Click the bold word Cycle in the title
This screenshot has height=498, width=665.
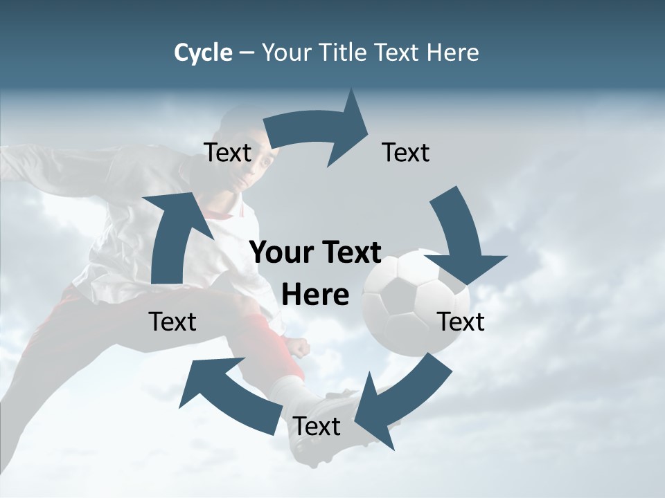[x=203, y=53]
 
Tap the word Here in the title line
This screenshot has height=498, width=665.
[x=452, y=53]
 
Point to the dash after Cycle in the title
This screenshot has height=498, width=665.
[x=247, y=53]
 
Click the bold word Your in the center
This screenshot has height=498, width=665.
[x=280, y=253]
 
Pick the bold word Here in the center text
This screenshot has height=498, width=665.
[x=315, y=295]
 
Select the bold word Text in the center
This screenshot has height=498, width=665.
[x=351, y=253]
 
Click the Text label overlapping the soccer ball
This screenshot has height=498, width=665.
[x=461, y=322]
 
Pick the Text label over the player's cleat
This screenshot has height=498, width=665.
[x=317, y=427]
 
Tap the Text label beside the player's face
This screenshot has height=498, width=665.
[x=228, y=152]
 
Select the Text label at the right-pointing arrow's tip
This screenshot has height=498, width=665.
[x=406, y=152]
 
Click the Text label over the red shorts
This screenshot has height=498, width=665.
[x=172, y=322]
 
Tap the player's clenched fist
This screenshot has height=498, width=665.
[x=298, y=346]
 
